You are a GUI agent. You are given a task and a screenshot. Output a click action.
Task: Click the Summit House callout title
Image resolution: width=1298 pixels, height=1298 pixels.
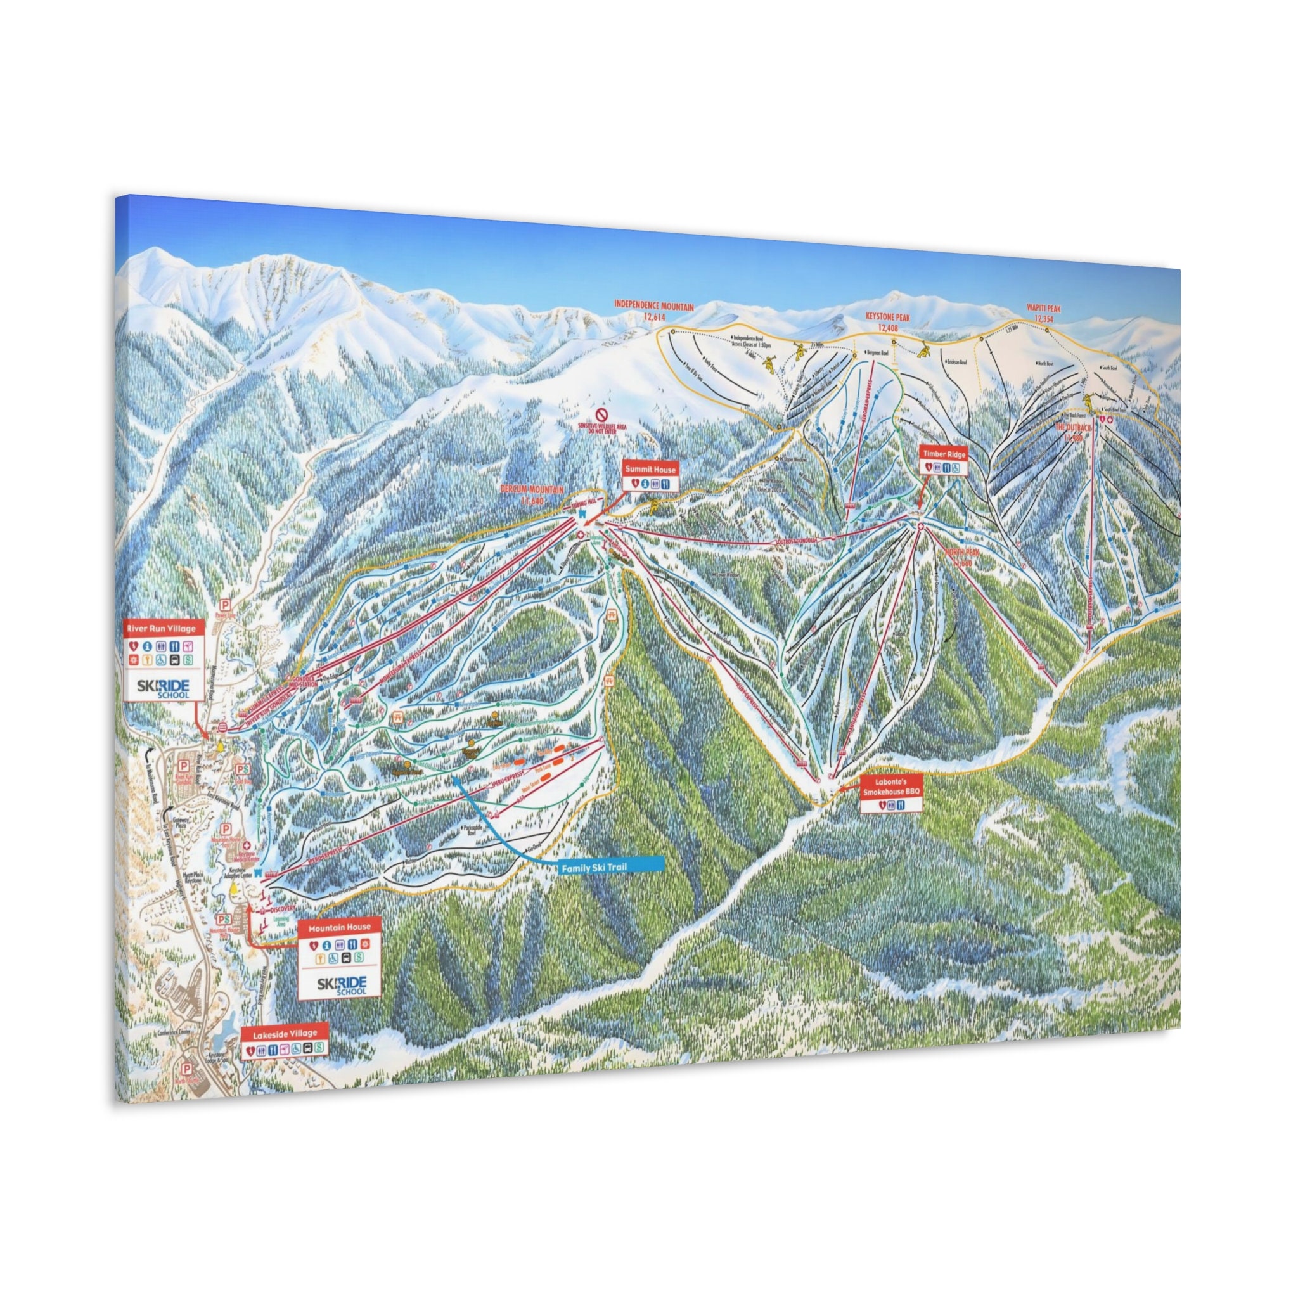click(650, 470)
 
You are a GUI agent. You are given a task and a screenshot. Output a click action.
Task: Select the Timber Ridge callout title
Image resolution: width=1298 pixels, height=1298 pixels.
click(943, 454)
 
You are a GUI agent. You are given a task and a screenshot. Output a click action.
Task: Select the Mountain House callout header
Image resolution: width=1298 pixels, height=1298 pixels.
click(339, 927)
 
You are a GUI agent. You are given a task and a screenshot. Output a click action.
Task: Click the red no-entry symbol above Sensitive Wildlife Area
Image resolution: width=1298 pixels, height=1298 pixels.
click(603, 414)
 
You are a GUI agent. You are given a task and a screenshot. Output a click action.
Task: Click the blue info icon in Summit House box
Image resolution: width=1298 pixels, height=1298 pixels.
click(644, 482)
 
